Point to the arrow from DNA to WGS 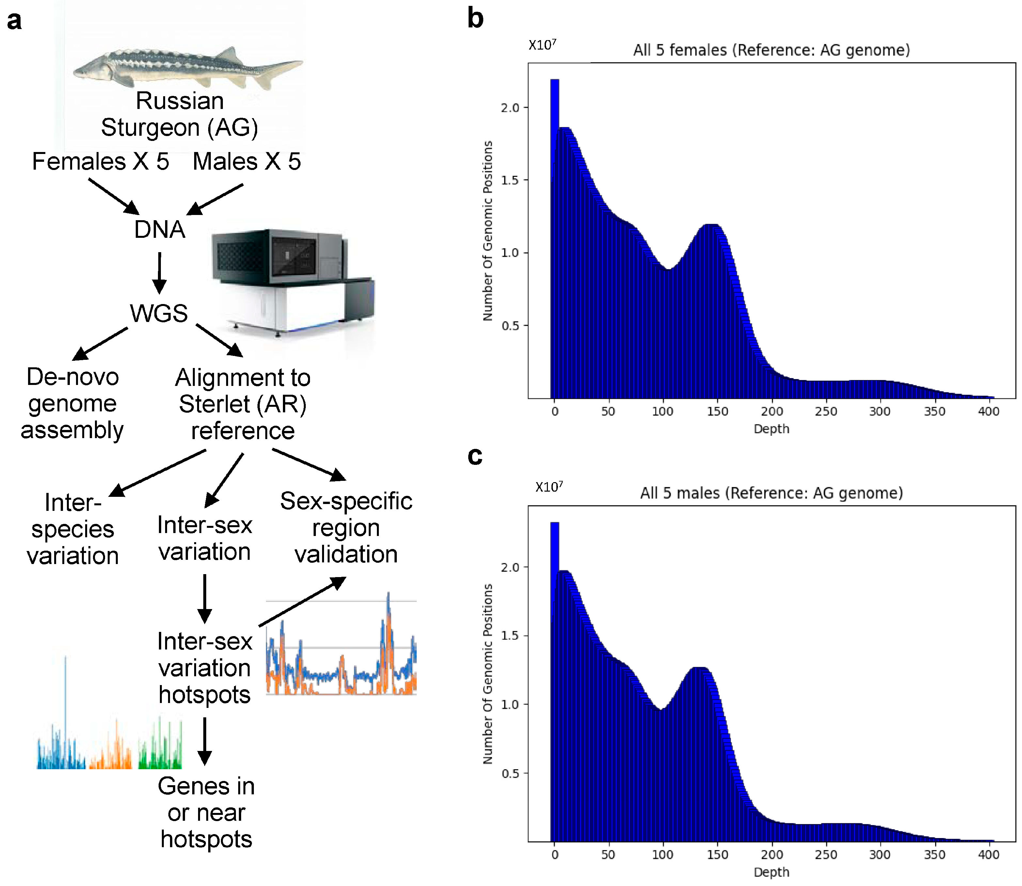(x=159, y=272)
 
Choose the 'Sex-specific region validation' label (x=346, y=527)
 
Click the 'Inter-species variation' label (x=73, y=529)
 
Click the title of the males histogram (x=771, y=493)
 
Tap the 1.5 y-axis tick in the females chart (x=510, y=180)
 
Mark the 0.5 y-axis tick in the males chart (x=510, y=773)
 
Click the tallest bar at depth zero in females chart (x=555, y=237)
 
